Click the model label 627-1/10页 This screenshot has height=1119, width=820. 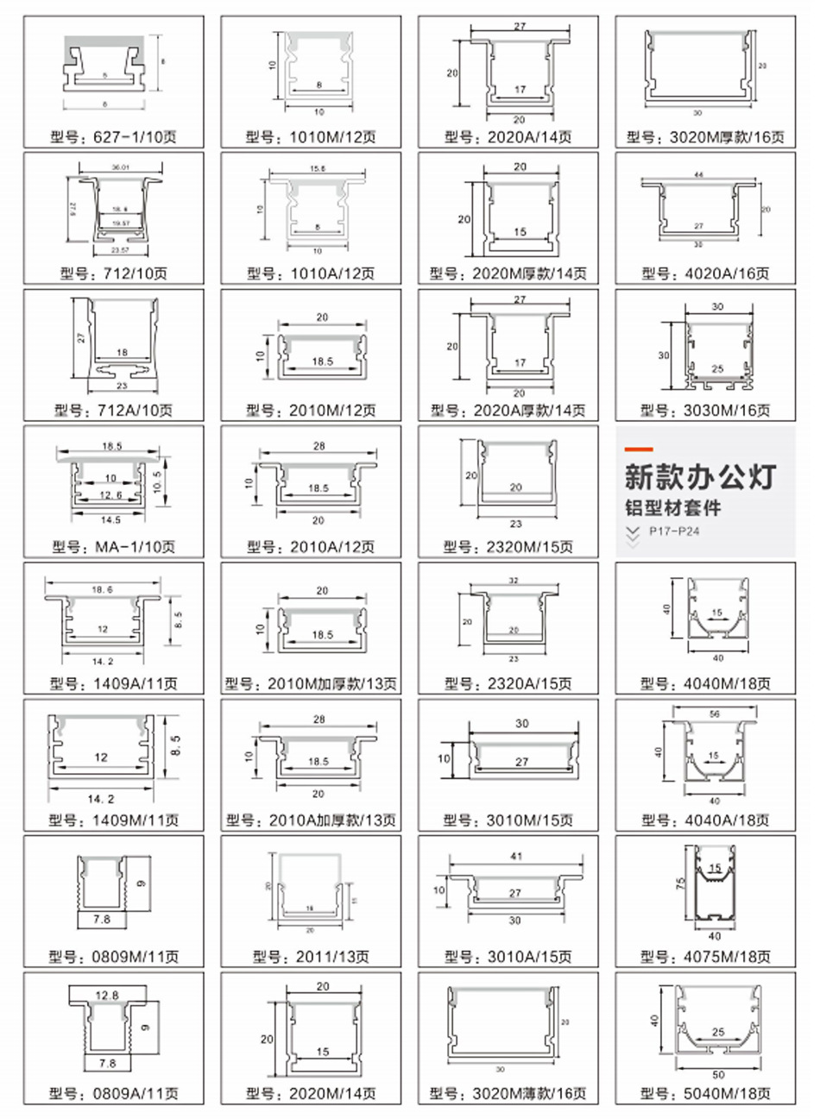pyautogui.click(x=114, y=136)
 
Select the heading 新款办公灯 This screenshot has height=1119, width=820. pyautogui.click(x=700, y=477)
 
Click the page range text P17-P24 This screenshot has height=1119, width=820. pyautogui.click(x=674, y=531)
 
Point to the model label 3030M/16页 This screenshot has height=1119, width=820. pyautogui.click(x=704, y=411)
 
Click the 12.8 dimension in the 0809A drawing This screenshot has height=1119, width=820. pyautogui.click(x=107, y=995)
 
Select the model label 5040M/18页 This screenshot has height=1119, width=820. pyautogui.click(x=704, y=1093)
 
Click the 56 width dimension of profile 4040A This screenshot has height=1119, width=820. pyautogui.click(x=714, y=714)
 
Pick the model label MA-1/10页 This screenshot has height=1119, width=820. pyautogui.click(x=114, y=547)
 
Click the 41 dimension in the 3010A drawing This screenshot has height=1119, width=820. pyautogui.click(x=517, y=858)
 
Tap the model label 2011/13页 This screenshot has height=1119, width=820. pyautogui.click(x=311, y=957)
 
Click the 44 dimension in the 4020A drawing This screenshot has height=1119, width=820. pyautogui.click(x=699, y=175)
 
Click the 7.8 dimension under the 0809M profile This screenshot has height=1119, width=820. pyautogui.click(x=102, y=920)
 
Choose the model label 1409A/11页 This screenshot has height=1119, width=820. pyautogui.click(x=114, y=683)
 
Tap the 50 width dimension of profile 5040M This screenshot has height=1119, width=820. pyautogui.click(x=718, y=1075)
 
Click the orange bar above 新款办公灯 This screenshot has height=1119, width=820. pyautogui.click(x=639, y=449)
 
